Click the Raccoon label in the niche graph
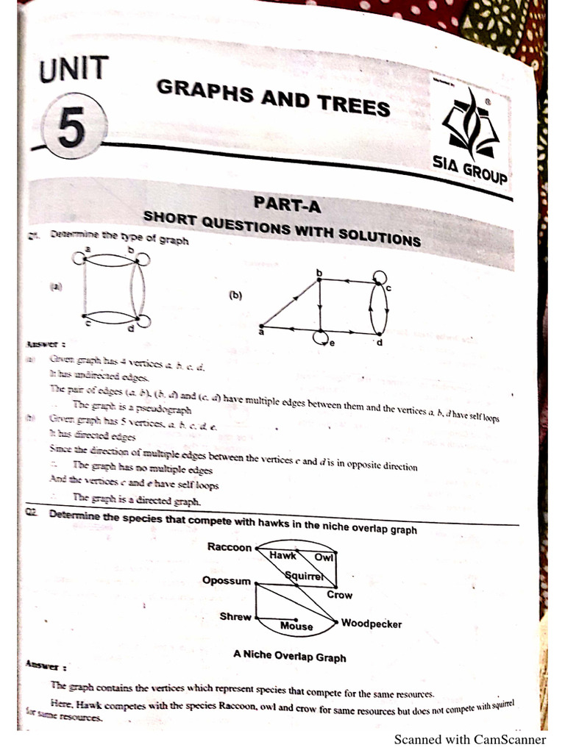pyautogui.click(x=230, y=547)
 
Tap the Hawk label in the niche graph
pyautogui.click(x=282, y=556)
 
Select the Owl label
pyautogui.click(x=324, y=557)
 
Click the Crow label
pyautogui.click(x=339, y=595)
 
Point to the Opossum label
pyautogui.click(x=227, y=580)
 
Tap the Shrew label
pyautogui.click(x=235, y=616)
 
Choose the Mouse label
pyautogui.click(x=296, y=627)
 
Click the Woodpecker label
pyautogui.click(x=372, y=624)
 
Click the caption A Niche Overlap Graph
pyautogui.click(x=289, y=656)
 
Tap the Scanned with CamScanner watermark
pyautogui.click(x=470, y=739)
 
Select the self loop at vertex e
pyautogui.click(x=321, y=338)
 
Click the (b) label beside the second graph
pyautogui.click(x=235, y=296)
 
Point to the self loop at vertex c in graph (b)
pyautogui.click(x=380, y=277)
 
